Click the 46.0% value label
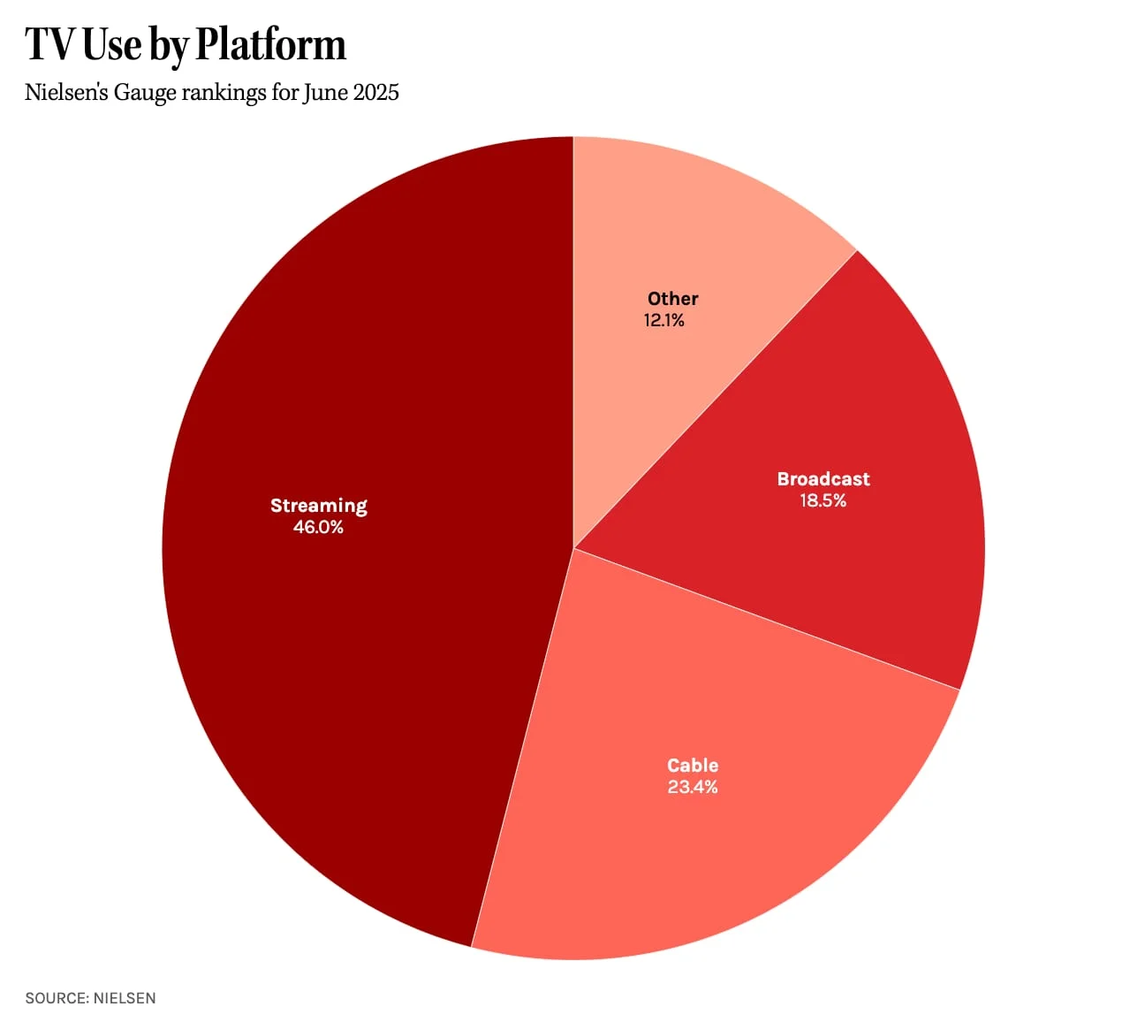[318, 528]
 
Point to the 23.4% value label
[693, 788]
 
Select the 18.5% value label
[823, 501]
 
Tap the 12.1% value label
[664, 321]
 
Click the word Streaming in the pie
[319, 506]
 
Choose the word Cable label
[693, 766]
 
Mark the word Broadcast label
[823, 479]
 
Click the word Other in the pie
[673, 299]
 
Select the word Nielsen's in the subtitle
[66, 93]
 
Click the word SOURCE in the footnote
[56, 998]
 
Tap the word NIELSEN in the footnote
[125, 998]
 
